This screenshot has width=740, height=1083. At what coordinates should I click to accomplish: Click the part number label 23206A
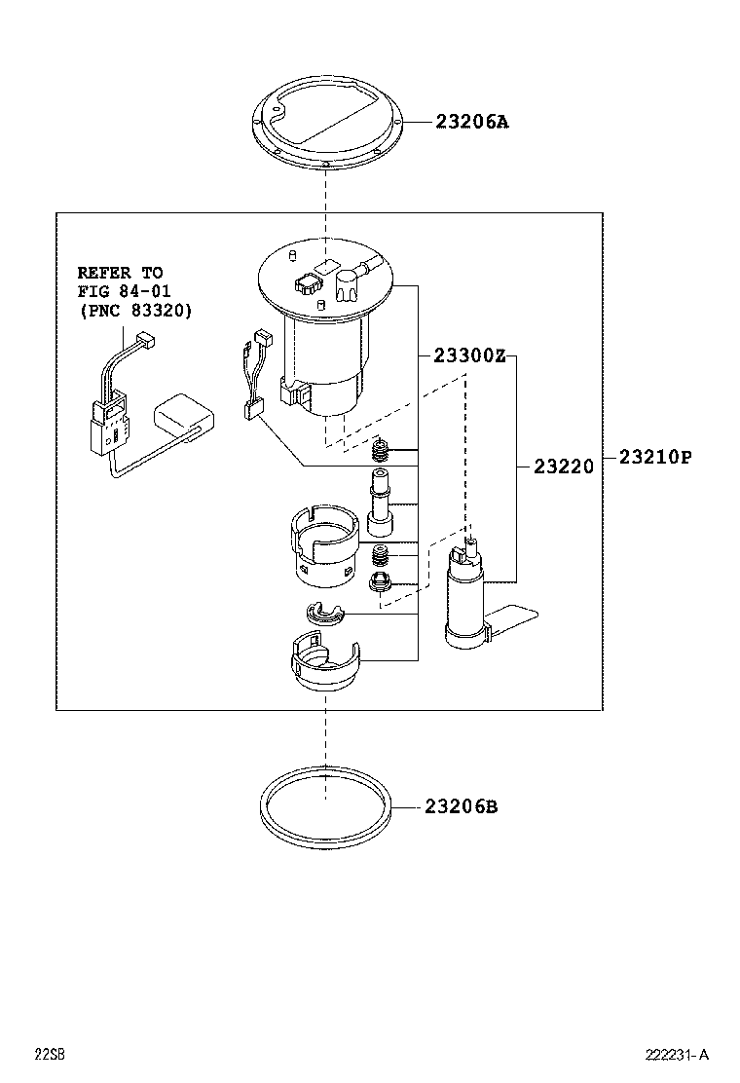tap(473, 122)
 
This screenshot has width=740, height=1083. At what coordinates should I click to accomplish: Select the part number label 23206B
tap(461, 806)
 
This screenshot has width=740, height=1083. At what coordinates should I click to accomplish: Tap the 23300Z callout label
tap(463, 356)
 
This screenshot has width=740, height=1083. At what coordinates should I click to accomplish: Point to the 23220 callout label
tap(563, 467)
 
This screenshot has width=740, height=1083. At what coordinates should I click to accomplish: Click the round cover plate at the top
tap(326, 127)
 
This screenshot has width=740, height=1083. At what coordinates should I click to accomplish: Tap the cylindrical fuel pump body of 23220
tap(466, 599)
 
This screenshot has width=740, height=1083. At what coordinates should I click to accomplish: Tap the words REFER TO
tap(120, 273)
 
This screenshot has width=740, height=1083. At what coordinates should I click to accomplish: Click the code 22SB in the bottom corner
tap(50, 1055)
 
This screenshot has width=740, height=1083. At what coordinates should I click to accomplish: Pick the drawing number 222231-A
tap(677, 1055)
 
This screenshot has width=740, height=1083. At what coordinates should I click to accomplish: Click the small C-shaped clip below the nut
tap(321, 615)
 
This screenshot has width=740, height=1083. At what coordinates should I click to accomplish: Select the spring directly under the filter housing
tap(383, 450)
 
